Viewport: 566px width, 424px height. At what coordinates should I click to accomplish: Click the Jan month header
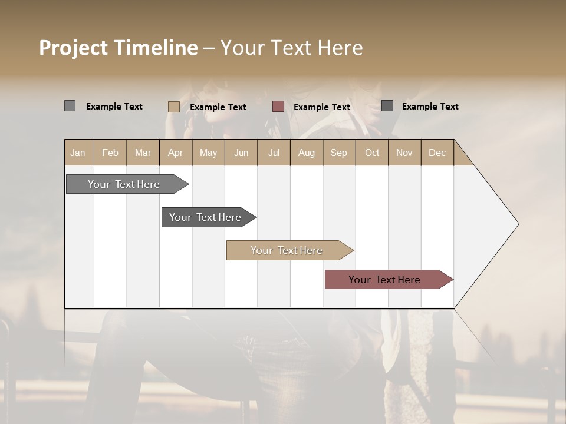78,153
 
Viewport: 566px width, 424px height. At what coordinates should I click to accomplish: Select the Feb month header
110,153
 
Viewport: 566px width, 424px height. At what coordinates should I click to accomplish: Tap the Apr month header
175,153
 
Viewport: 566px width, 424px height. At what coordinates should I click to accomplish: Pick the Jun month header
241,153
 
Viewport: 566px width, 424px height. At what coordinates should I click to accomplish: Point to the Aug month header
306,153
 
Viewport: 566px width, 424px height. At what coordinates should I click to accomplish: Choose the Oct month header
372,153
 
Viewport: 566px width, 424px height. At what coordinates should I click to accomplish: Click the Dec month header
437,153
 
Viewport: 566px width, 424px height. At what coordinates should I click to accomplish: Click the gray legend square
70,106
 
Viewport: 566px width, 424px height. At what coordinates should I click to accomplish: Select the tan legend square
173,107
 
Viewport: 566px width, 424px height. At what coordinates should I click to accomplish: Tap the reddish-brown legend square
278,107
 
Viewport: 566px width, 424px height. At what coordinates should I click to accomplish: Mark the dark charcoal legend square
387,106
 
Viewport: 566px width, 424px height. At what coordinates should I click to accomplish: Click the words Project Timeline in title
118,48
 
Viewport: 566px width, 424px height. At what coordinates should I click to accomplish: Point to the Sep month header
338,153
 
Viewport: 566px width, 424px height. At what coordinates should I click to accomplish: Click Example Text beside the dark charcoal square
430,107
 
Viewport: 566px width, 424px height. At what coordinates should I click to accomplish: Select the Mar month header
143,153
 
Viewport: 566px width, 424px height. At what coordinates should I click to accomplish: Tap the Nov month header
404,153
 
